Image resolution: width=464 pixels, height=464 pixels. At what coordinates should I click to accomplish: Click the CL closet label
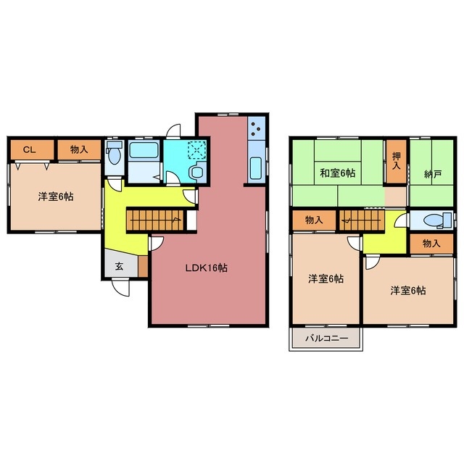29,150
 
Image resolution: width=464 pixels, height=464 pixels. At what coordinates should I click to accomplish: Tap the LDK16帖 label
206,268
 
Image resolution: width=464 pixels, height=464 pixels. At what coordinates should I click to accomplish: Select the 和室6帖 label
338,173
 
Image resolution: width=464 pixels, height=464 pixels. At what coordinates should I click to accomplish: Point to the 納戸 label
433,174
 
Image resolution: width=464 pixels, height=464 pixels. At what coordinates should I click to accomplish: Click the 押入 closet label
397,161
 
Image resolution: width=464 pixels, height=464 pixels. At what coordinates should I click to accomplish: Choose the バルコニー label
327,338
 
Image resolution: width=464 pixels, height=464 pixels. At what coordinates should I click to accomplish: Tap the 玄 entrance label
119,266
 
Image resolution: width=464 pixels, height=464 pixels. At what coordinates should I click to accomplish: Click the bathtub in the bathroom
144,150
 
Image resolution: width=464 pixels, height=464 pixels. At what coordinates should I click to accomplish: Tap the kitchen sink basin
256,168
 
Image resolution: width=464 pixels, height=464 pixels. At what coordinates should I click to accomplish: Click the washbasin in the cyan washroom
196,173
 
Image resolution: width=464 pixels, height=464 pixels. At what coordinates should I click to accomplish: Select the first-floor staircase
155,220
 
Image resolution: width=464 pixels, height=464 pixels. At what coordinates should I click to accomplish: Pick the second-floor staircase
362,220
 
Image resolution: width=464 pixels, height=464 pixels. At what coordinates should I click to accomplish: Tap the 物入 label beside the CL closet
79,149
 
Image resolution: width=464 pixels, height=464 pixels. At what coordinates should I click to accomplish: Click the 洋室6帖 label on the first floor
56,196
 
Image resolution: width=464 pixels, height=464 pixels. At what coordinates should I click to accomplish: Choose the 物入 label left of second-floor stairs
314,220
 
